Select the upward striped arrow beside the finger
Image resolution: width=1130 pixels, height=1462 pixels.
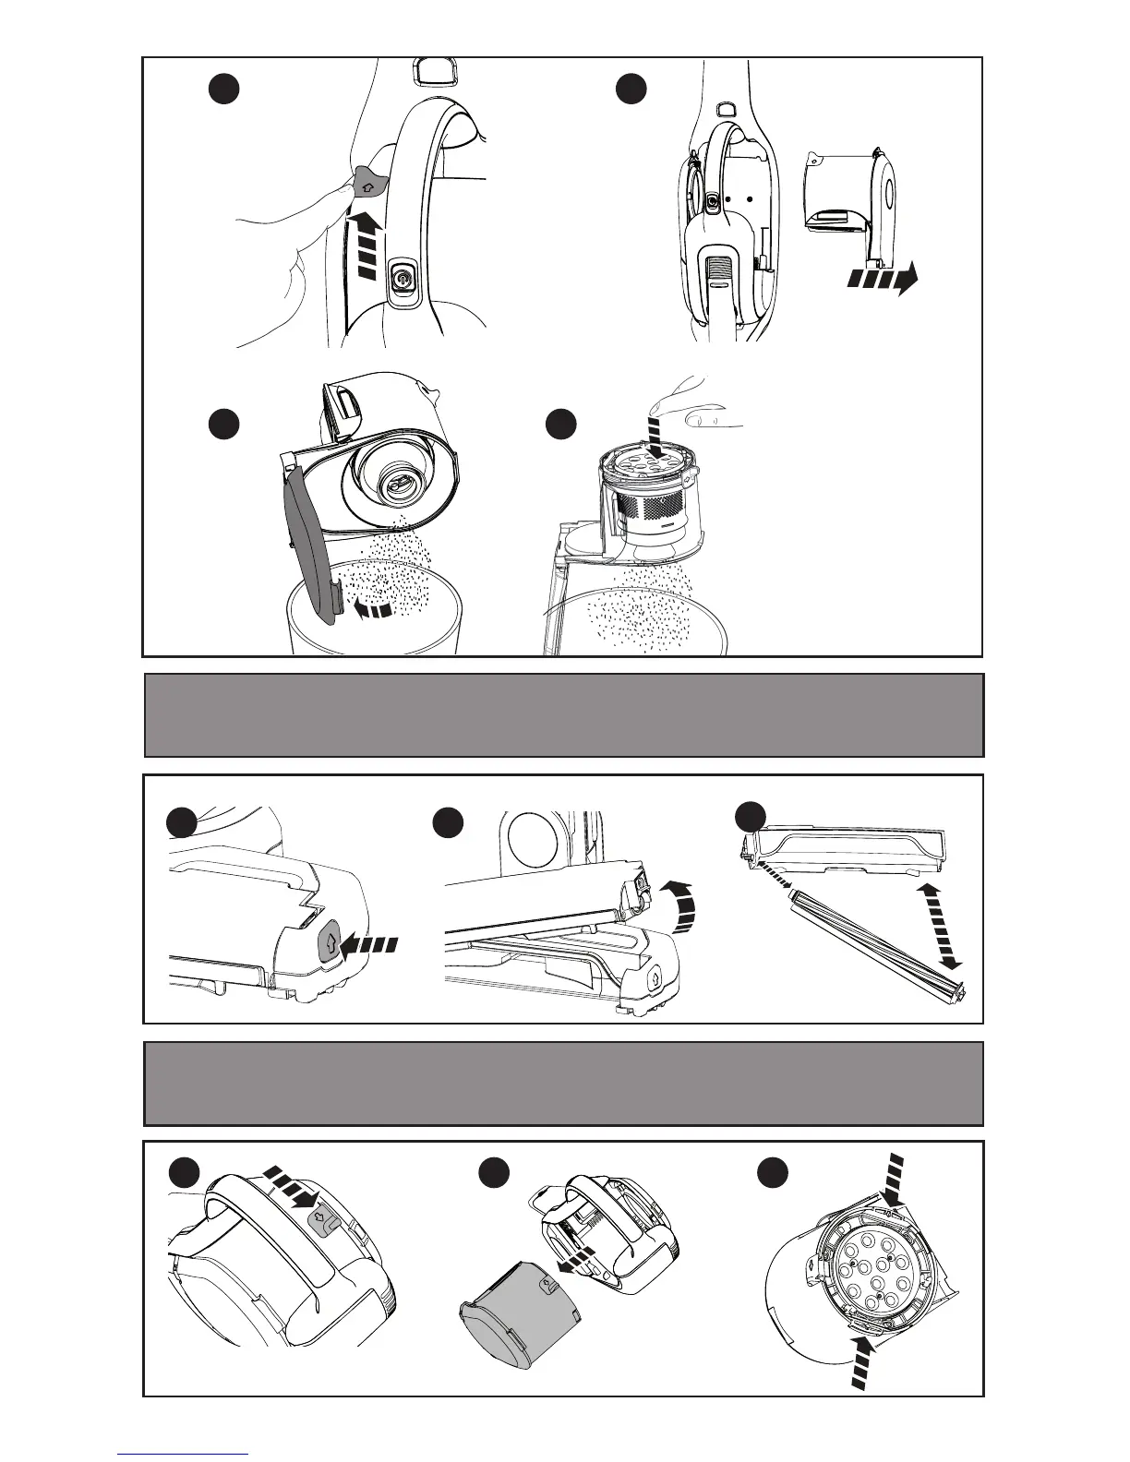click(x=366, y=246)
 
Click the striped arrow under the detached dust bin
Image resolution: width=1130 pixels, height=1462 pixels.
click(x=882, y=277)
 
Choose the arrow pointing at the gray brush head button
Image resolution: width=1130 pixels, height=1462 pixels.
click(x=370, y=944)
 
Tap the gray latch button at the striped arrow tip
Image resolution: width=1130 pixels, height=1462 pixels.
click(x=319, y=1221)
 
